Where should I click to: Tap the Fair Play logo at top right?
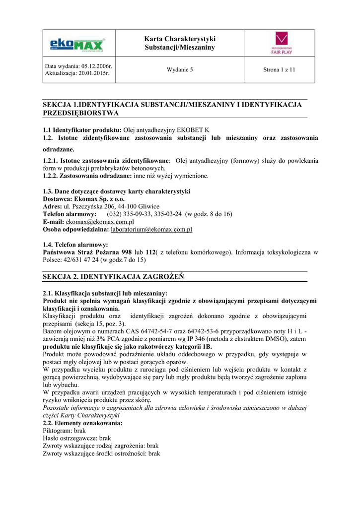284,43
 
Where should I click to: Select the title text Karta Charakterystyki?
180,39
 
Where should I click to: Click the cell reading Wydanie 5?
180,69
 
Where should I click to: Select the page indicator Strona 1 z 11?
279,69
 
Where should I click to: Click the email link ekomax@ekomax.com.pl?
100,222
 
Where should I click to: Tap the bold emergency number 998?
127,252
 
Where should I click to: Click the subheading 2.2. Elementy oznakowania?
82,423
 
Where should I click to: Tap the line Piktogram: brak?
65,431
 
